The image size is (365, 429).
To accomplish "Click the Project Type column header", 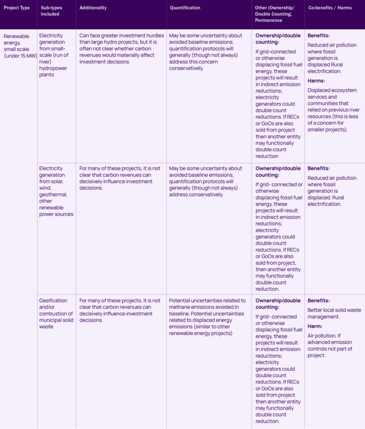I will tap(17, 8).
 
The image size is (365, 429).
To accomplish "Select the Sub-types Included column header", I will tap(50, 11).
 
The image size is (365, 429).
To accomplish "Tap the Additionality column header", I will tap(93, 8).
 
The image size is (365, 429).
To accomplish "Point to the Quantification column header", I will tap(185, 8).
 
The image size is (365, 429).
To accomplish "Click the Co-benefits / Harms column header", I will tap(330, 8).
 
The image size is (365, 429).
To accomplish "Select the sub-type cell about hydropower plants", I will tap(53, 55).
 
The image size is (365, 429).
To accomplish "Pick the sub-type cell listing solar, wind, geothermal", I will tap(56, 191).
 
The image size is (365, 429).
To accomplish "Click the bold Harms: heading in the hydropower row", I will tap(317, 80).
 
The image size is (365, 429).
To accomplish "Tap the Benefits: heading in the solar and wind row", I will tap(318, 168).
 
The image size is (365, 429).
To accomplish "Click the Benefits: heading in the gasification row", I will tap(318, 301).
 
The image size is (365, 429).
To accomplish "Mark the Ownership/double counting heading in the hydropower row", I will tap(278, 39).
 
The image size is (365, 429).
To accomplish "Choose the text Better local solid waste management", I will tap(334, 314).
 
